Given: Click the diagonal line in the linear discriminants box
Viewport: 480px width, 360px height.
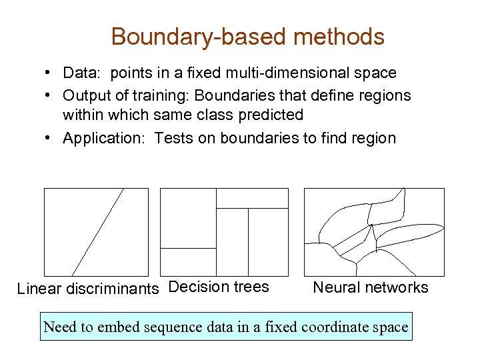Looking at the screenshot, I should click(97, 232).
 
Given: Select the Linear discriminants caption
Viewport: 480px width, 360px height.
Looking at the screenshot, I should click(88, 289).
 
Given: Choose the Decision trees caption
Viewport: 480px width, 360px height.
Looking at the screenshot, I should click(219, 287).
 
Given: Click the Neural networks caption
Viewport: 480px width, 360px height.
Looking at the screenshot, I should click(371, 287).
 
